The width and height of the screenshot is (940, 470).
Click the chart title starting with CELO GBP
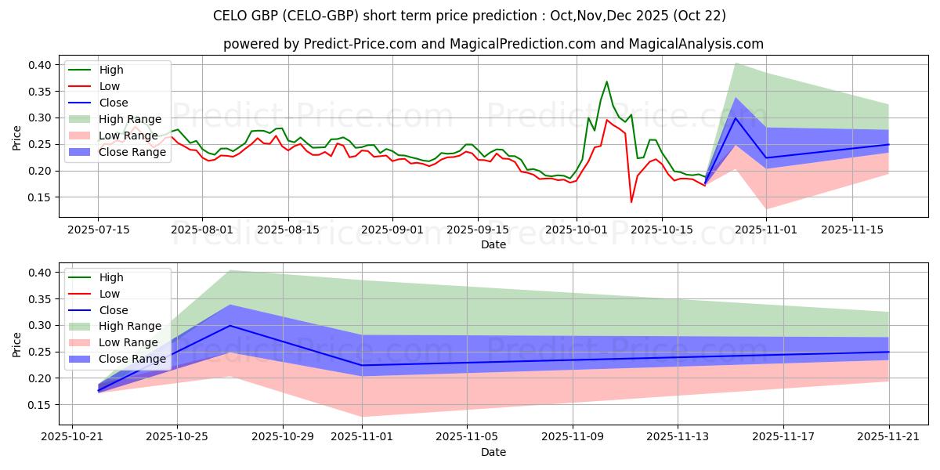click(469, 15)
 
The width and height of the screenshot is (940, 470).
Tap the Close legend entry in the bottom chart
click(114, 310)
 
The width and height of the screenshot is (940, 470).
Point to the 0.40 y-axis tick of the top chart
click(40, 64)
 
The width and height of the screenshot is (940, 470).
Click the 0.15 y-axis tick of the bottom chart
click(40, 405)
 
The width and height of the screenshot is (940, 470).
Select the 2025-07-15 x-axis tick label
click(98, 230)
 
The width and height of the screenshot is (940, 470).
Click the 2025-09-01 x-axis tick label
click(392, 230)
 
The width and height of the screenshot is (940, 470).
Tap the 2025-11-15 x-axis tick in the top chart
click(852, 230)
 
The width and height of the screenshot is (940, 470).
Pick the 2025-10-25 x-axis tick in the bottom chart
click(177, 437)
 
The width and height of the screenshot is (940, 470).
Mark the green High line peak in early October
click(606, 81)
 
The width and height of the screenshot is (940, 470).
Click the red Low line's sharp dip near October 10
click(631, 202)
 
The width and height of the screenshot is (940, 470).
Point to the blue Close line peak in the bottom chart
click(230, 325)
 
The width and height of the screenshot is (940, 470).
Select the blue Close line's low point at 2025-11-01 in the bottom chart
click(362, 365)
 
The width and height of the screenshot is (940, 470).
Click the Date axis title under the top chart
click(493, 244)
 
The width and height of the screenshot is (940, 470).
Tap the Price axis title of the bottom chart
click(16, 345)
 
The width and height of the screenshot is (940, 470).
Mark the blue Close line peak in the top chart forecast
click(735, 117)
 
